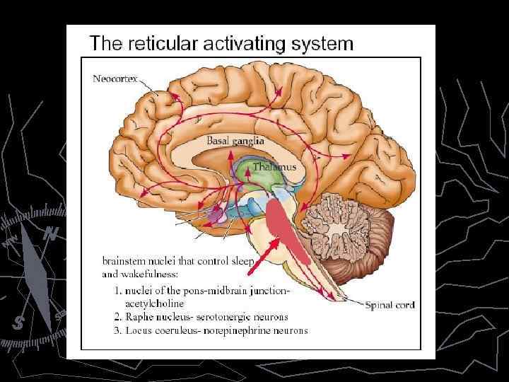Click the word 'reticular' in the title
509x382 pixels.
(x=163, y=44)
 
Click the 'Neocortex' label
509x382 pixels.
(x=116, y=79)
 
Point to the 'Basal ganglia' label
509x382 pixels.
(x=235, y=141)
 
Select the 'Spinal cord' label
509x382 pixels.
(x=390, y=305)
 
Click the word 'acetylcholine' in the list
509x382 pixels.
(x=154, y=303)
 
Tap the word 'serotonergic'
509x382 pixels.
(x=218, y=317)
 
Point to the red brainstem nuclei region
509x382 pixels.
(x=286, y=226)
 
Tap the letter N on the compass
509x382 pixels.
(x=50, y=234)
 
